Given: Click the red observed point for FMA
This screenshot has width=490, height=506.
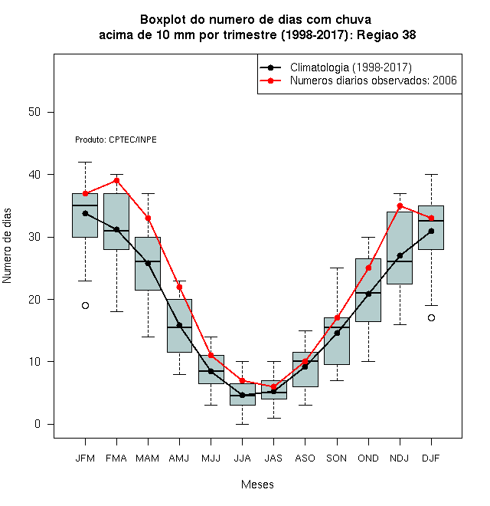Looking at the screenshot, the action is click(116, 181).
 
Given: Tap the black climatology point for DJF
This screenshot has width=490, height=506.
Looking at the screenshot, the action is click(431, 231).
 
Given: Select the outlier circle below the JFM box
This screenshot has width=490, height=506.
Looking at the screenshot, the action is click(85, 306).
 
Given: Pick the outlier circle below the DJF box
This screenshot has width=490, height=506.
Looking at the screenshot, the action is click(431, 318).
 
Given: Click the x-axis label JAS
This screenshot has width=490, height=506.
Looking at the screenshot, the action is click(273, 458).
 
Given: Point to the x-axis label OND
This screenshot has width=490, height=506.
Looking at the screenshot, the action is click(368, 458).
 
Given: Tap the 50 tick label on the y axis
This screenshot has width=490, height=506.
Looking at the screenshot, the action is click(34, 112).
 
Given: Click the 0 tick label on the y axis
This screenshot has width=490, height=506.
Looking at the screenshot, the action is click(38, 424).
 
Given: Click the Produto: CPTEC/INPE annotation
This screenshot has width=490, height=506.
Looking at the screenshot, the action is click(116, 140).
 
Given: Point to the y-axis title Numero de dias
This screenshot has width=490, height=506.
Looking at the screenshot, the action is click(7, 246).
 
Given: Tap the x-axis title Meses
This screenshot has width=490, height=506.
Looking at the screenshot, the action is click(257, 485).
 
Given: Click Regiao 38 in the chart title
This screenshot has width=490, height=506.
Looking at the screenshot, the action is click(386, 34).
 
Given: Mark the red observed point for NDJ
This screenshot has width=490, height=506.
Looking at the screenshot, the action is click(400, 206).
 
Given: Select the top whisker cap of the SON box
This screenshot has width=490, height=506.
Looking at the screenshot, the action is click(337, 268).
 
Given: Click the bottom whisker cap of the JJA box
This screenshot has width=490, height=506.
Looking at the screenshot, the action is click(242, 424).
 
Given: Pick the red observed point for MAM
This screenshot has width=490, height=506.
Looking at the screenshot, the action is click(148, 219).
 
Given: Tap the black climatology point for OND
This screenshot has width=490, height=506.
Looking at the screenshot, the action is click(368, 294).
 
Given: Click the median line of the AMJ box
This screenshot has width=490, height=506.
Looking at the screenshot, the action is click(179, 327).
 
